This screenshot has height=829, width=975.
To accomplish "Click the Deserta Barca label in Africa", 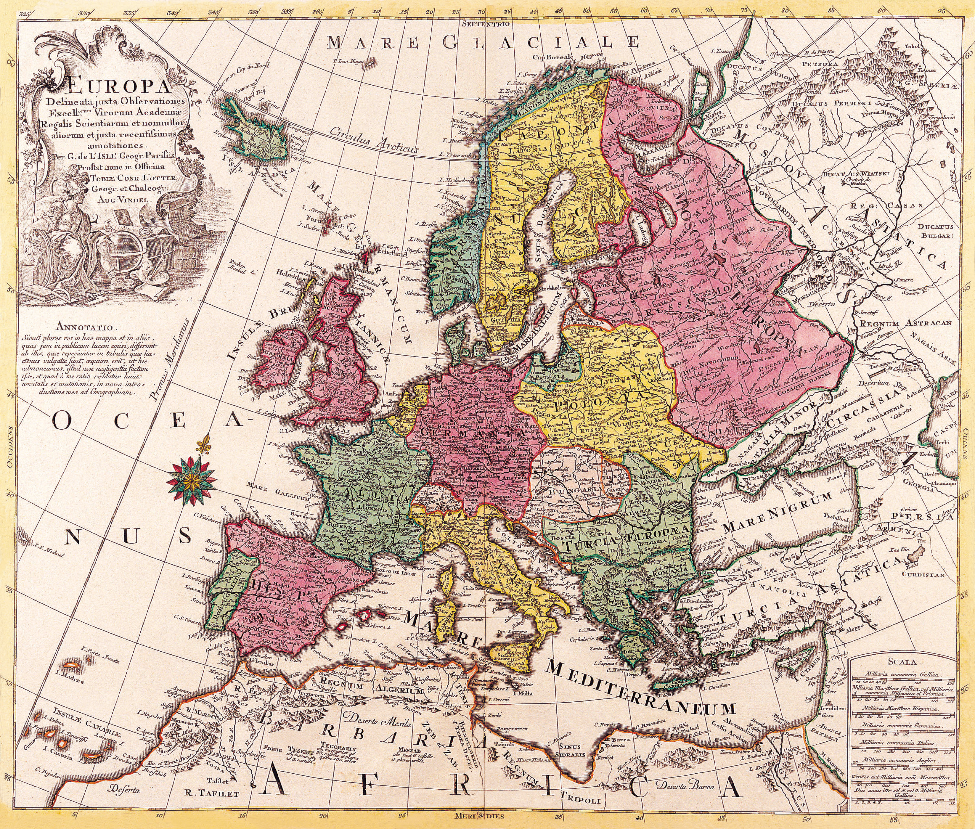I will click(685, 786).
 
